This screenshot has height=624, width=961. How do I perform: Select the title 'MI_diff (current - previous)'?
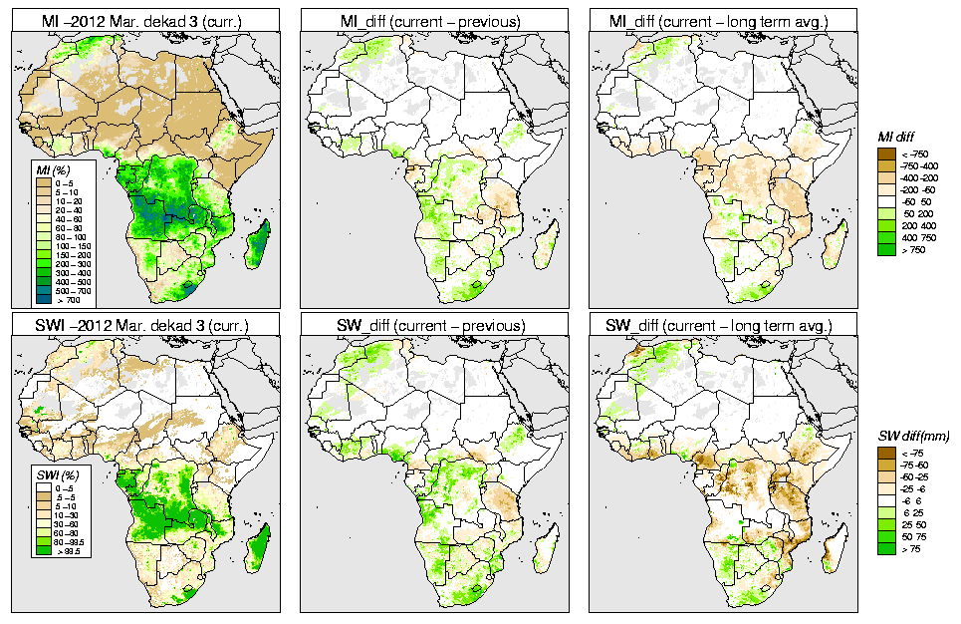pyautogui.click(x=434, y=20)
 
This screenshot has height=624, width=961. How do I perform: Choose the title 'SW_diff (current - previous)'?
pyautogui.click(x=434, y=326)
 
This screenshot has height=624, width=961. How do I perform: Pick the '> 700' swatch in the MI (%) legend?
pyautogui.click(x=45, y=298)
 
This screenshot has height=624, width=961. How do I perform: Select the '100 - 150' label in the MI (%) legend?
pyautogui.click(x=73, y=244)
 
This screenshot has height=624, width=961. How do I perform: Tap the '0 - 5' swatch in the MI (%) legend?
pyautogui.click(x=45, y=183)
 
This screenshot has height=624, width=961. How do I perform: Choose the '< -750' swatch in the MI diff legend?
pyautogui.click(x=885, y=154)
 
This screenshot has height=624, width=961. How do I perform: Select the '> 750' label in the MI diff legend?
pyautogui.click(x=912, y=249)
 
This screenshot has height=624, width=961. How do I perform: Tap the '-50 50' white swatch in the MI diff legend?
pyautogui.click(x=885, y=201)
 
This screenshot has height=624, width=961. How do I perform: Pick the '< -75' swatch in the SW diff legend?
pyautogui.click(x=885, y=454)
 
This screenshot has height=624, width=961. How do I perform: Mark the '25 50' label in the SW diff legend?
pyautogui.click(x=913, y=525)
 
